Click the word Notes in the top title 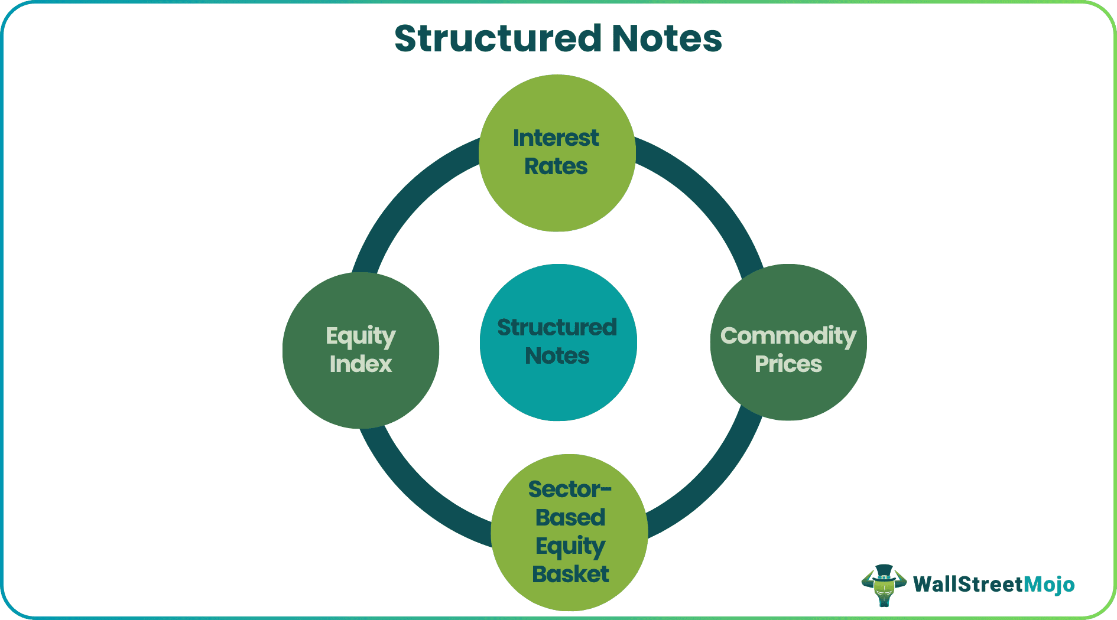tap(667, 39)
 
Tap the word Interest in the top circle tap(556, 138)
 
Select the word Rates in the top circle tap(556, 167)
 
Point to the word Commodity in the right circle tap(788, 336)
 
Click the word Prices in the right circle tap(788, 364)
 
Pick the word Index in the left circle tap(361, 364)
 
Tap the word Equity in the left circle tap(361, 337)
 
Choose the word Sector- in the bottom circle tap(570, 490)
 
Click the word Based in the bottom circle tap(570, 518)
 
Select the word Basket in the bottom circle tap(570, 575)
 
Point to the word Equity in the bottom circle tap(570, 547)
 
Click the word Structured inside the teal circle tap(557, 328)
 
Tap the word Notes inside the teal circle tap(557, 356)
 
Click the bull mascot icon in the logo tap(884, 585)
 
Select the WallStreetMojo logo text tap(993, 585)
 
